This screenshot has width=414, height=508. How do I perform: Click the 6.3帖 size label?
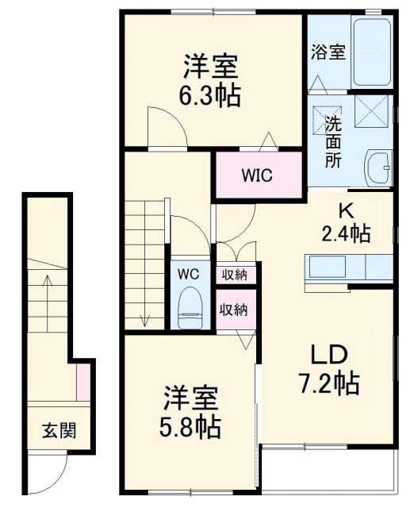pos(210,96)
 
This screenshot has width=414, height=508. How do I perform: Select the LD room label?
pos(328,354)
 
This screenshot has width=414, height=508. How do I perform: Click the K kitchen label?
pos(346,211)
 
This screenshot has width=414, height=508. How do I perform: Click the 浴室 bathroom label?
pos(327,53)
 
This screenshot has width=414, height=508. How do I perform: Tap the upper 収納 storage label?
pos(234,275)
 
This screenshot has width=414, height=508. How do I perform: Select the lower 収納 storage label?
pos(234,309)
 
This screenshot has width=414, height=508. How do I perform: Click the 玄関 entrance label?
pos(59,432)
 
